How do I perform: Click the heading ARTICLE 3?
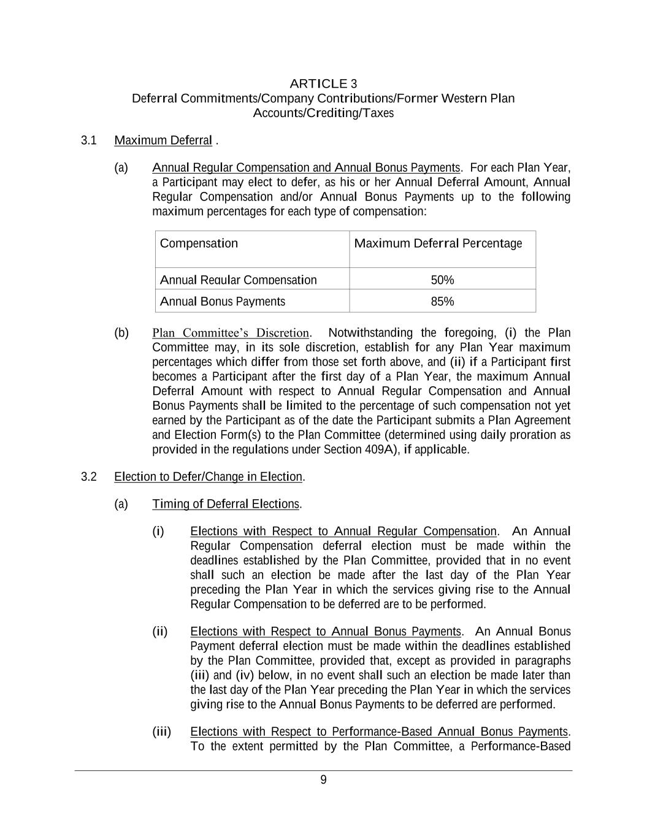click(323, 83)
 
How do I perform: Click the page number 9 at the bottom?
click(323, 780)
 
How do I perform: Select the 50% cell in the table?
click(442, 280)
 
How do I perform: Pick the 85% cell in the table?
click(442, 302)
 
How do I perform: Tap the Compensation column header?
click(199, 243)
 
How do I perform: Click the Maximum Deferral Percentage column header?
click(438, 243)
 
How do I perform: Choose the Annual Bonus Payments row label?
click(222, 302)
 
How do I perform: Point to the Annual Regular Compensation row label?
click(238, 280)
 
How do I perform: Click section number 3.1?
click(89, 140)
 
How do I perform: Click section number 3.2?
click(89, 477)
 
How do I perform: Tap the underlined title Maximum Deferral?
click(163, 140)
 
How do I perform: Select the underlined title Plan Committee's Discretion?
click(231, 333)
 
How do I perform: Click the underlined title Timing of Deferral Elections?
click(226, 504)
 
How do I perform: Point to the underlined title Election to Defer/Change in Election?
click(208, 477)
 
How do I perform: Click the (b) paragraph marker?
click(121, 333)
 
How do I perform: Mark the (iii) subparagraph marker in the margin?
click(161, 732)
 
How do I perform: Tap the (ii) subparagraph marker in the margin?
click(159, 632)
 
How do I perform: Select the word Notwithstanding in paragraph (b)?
click(370, 333)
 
